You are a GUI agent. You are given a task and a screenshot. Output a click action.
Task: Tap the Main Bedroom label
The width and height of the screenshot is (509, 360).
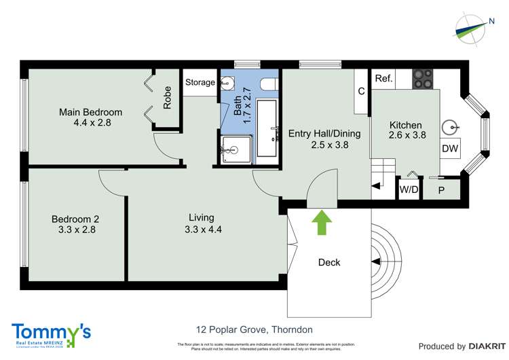pos(90,112)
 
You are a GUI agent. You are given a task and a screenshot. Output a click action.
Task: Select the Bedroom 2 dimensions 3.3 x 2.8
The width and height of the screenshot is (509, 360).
pos(75,230)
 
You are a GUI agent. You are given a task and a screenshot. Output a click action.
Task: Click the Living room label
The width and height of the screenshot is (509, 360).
pos(202,217)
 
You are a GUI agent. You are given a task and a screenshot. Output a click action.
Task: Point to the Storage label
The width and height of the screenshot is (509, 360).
pos(200,83)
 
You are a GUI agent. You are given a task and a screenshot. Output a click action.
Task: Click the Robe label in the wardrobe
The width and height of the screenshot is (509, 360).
pos(167,97)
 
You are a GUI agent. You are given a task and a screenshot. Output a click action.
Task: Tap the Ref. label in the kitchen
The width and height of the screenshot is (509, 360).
pos(384,79)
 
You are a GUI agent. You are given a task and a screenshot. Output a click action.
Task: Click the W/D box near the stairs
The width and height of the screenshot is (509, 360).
pos(409,190)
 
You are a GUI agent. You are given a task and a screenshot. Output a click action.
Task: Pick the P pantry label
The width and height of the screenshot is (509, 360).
pos(440,190)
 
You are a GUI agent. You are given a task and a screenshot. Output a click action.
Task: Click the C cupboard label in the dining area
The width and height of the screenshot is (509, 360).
pos(361,91)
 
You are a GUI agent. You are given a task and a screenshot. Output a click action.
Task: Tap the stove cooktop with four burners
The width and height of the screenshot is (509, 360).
pos(425,79)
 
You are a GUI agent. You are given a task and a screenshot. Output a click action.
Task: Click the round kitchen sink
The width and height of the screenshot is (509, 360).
pos(449,127)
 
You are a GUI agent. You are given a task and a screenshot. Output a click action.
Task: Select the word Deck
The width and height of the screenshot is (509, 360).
pos(329,262)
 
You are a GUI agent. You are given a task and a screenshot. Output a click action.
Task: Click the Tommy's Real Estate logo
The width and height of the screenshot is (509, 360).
pos(51,335)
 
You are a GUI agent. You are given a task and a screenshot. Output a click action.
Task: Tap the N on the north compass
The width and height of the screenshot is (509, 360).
pos(491,21)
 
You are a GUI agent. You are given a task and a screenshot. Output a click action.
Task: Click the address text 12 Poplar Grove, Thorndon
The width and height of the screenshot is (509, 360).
pos(254,330)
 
